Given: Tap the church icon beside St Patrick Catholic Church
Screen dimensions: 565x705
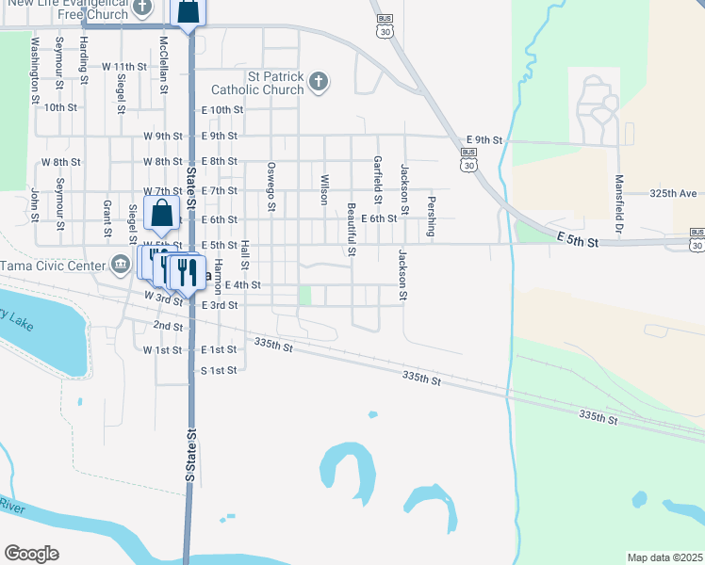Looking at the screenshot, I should pos(319,82).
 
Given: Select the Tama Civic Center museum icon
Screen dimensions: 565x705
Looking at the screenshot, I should pos(120,265).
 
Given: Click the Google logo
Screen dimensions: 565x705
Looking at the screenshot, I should pos(31,553).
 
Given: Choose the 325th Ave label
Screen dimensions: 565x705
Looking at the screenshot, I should pos(673,193).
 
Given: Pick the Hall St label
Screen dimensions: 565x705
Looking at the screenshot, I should pos(244,251).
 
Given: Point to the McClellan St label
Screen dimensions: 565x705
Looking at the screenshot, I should pos(164,63).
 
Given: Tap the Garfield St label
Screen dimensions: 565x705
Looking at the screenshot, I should pos(377,179).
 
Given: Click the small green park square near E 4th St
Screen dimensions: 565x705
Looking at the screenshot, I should pos(304,296).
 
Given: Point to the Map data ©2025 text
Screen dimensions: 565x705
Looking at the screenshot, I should pos(664,557).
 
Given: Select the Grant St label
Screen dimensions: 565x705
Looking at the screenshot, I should pos(107,218).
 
